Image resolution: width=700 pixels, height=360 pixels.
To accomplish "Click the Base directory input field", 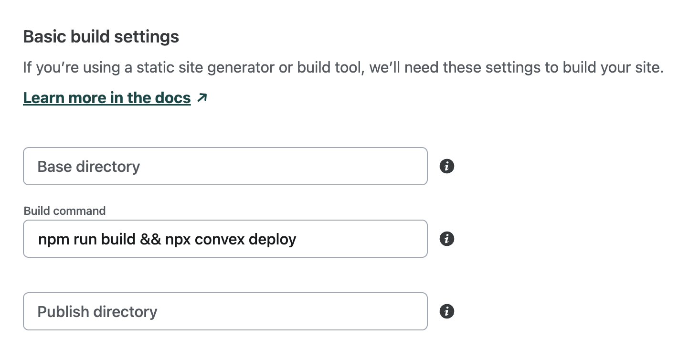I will (224, 166).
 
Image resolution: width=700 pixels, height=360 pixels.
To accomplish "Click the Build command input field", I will (224, 239).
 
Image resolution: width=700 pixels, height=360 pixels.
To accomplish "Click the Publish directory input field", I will (224, 311).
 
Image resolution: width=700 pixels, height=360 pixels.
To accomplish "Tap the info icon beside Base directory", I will (446, 166).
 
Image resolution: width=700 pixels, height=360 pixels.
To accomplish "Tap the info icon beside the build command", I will (446, 239).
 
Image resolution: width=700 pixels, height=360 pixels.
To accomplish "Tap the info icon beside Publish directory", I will (446, 311).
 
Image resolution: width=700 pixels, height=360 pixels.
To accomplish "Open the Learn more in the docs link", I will (106, 98).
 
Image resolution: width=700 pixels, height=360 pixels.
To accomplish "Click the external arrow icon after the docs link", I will (202, 98).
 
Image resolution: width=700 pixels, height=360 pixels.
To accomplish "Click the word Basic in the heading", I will (44, 37).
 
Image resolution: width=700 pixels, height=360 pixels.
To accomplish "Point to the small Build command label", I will (64, 211).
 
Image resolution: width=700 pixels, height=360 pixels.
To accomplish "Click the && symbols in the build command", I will (150, 239).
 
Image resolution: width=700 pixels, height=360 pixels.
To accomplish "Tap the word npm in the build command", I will (54, 239).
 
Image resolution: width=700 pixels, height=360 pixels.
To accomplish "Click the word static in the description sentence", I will (151, 67).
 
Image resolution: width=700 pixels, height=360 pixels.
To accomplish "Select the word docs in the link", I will (172, 98).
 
